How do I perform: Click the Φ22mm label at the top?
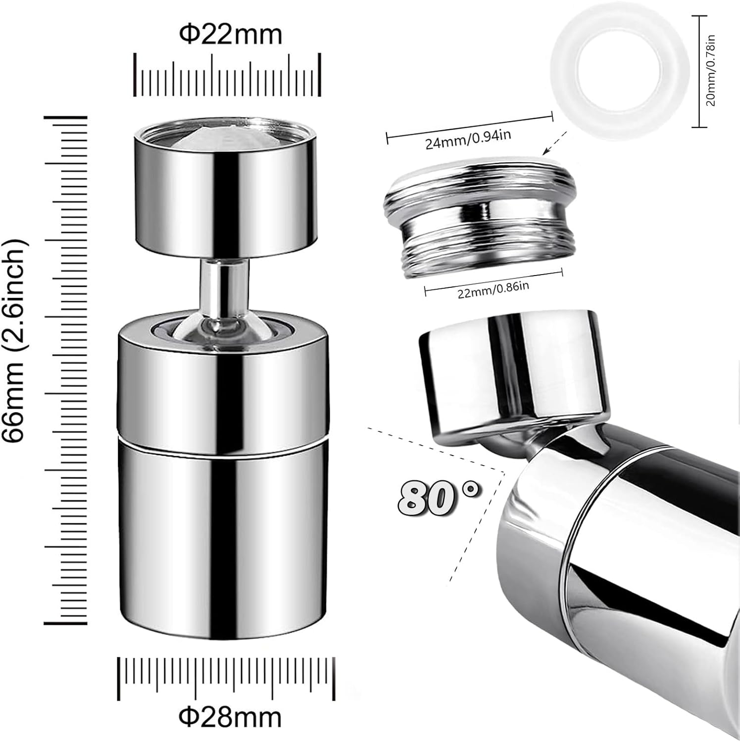point(230,35)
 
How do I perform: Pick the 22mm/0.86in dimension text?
point(493,289)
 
